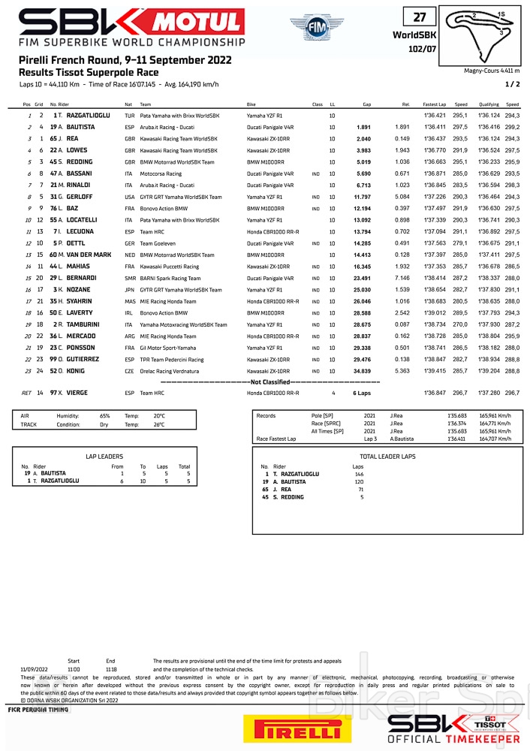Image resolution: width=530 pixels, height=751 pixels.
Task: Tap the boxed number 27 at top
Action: pos(420,17)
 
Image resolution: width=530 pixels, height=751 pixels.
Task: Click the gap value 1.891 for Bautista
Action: pos(363,128)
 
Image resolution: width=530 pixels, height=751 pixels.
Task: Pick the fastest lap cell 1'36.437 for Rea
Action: pos(435,139)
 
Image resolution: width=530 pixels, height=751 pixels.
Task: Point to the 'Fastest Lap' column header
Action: pos(435,104)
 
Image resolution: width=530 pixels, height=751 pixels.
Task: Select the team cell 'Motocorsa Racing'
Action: pos(161,173)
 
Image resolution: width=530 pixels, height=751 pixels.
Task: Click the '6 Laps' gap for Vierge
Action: pos(362,393)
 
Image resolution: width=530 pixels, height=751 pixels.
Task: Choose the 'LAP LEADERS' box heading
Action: pos(104,456)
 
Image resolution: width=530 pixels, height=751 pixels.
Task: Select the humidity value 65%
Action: pos(104,415)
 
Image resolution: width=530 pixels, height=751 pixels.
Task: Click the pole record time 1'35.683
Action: pos(457,415)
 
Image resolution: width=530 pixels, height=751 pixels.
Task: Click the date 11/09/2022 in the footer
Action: pos(35,668)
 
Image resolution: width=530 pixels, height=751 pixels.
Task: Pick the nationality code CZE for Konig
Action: pos(129,370)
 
